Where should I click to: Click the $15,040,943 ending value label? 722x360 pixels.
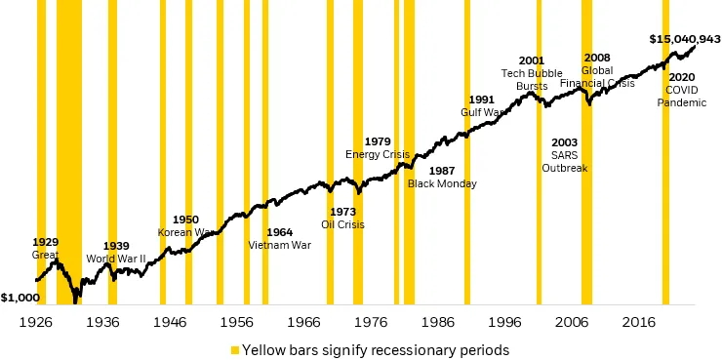684,39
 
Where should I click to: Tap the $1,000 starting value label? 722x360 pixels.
20,298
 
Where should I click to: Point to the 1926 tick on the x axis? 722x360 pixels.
35,321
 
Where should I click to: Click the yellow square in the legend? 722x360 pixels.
234,348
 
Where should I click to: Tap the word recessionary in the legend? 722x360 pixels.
402,348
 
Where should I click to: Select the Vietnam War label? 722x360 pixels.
280,245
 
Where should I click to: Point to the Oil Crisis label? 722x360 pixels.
342,224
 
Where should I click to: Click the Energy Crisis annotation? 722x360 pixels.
378,155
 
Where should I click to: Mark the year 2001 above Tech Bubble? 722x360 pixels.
532,60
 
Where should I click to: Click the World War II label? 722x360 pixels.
115,259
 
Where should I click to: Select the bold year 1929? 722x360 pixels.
46,241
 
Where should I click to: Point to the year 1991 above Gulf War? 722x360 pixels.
482,100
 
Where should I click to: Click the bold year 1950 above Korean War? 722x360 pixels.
185,220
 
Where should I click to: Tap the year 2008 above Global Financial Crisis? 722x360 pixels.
596,58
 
